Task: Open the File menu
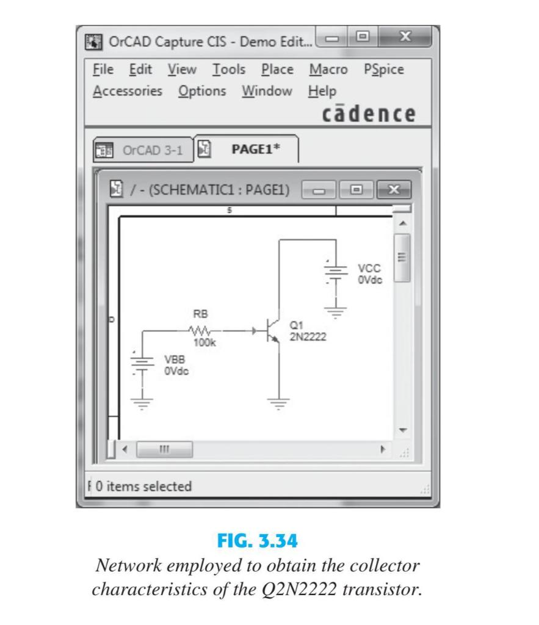(103, 70)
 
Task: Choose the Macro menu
(328, 70)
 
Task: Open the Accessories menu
(128, 92)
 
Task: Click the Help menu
(322, 92)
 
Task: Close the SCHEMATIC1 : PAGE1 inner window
(394, 189)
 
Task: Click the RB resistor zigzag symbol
(200, 331)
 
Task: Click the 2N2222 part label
(308, 338)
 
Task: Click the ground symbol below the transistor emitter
(280, 403)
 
